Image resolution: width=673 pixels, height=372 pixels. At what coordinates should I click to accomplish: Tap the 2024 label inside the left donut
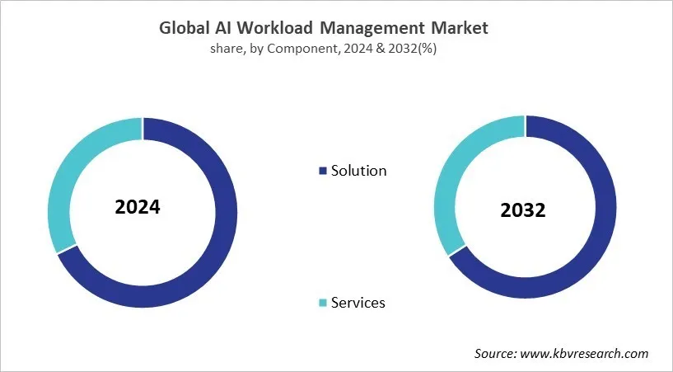click(138, 206)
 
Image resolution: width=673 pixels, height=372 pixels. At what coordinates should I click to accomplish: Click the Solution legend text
click(358, 172)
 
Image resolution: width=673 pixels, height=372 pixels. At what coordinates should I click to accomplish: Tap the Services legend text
click(358, 303)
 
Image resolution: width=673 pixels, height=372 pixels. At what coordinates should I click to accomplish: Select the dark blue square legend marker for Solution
click(322, 172)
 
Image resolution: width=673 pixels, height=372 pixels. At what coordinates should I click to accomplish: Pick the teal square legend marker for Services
click(322, 304)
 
